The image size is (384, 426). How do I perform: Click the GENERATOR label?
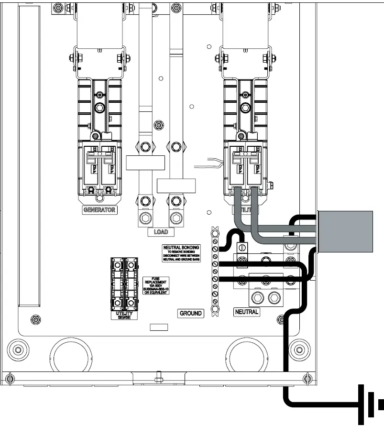[99, 210]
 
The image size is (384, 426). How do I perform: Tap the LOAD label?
[161, 232]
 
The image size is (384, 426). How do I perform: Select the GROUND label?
[191, 314]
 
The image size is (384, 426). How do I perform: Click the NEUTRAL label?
[247, 312]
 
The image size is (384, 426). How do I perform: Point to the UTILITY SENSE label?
[124, 315]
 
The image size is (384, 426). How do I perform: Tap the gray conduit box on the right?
[345, 231]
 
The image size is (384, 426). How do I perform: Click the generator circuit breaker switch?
[99, 167]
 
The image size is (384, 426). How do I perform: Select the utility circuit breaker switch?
[246, 167]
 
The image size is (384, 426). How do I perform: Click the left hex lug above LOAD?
[144, 219]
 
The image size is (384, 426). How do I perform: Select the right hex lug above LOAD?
[176, 219]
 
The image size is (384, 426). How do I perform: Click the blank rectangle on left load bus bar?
[145, 163]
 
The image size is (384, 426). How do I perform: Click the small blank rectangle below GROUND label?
[159, 328]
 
